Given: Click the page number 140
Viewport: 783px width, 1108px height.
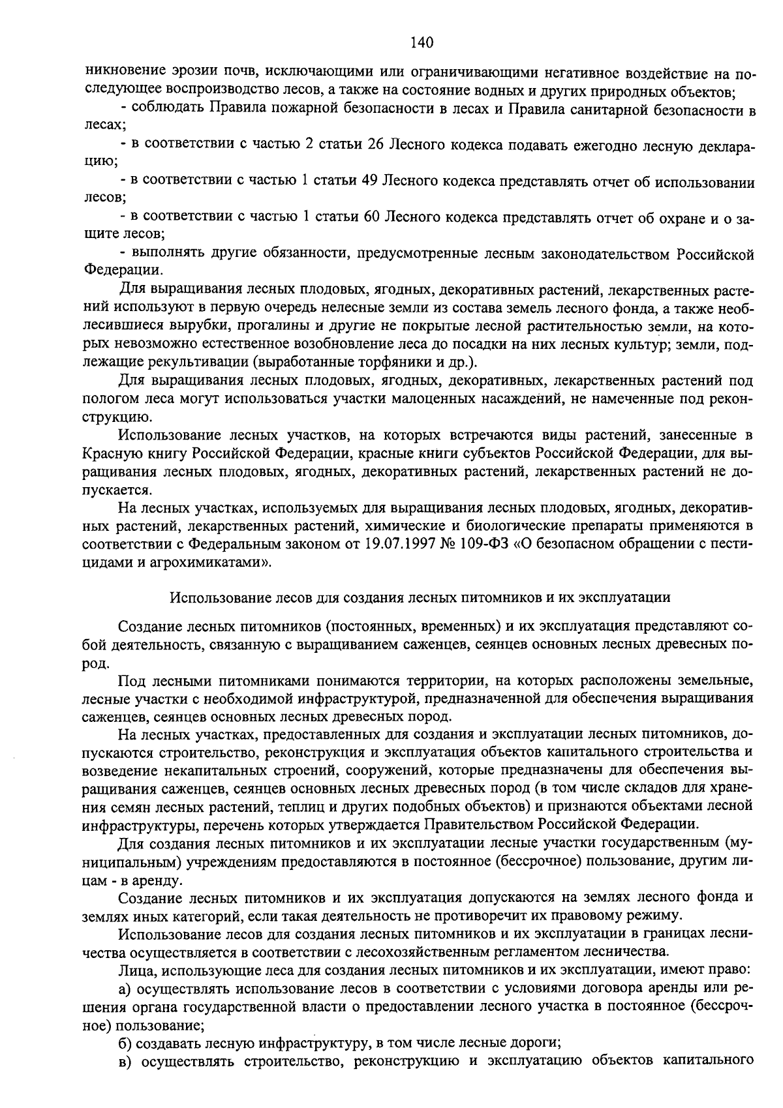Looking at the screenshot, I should point(422,43).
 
